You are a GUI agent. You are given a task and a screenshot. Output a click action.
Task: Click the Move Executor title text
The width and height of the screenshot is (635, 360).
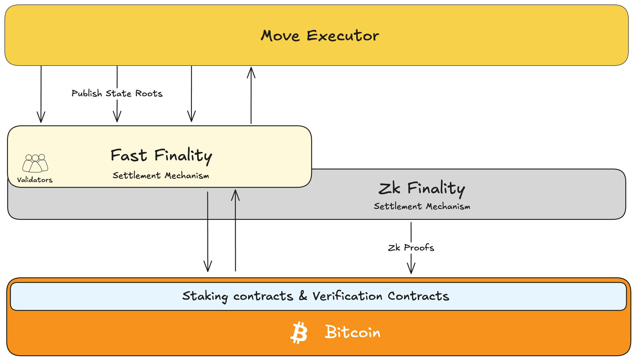(320, 36)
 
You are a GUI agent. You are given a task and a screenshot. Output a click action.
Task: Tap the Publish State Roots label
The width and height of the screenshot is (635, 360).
(117, 94)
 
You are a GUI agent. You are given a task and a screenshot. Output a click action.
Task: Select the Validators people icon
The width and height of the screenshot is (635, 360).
(35, 163)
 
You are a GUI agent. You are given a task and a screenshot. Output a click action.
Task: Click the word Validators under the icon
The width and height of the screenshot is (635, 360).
(35, 180)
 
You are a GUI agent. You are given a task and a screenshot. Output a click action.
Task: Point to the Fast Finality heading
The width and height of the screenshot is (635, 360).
(161, 155)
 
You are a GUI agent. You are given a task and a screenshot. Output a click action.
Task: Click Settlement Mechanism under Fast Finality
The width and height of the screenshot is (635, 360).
(161, 176)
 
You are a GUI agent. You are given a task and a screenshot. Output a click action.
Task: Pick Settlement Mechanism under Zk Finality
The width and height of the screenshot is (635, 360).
(422, 206)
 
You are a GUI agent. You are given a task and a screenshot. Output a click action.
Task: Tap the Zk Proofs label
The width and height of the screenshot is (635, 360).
(411, 248)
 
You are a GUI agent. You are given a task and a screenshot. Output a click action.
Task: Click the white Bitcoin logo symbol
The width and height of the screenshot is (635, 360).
(299, 333)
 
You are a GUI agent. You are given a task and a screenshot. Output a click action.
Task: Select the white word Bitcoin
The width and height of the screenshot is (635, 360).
(353, 332)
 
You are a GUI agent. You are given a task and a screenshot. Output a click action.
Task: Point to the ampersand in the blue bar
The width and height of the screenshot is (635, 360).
(303, 296)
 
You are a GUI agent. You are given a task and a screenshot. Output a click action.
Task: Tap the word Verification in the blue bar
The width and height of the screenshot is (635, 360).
(347, 296)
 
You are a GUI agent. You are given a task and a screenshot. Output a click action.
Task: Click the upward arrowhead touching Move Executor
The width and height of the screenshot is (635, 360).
(251, 72)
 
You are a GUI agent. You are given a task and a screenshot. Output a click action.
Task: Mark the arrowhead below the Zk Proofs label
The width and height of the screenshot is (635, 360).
(411, 269)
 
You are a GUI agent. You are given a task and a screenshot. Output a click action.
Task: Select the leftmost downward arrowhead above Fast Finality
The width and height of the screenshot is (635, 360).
(41, 118)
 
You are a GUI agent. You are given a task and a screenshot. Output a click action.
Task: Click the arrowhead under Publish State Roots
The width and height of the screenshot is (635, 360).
(117, 117)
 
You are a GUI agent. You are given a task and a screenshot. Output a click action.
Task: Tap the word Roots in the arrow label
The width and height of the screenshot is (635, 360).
(149, 94)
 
